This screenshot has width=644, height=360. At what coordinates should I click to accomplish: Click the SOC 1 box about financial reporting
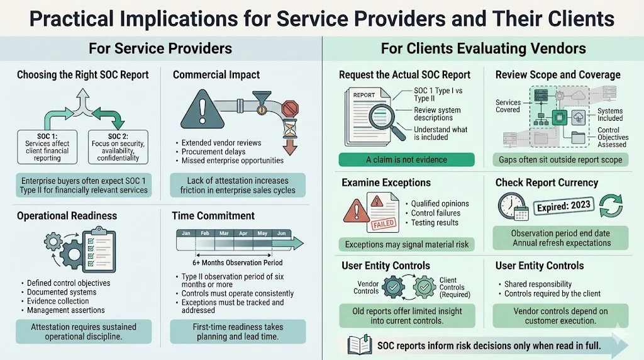click(x=47, y=147)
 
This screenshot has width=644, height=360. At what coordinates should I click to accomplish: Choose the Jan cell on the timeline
click(x=186, y=233)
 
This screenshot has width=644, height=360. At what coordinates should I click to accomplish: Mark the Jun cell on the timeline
click(x=281, y=233)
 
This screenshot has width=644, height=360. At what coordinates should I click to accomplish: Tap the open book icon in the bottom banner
click(x=359, y=345)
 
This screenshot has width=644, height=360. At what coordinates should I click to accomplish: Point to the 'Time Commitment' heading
click(x=213, y=216)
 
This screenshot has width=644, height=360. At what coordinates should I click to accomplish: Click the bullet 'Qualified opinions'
click(x=440, y=204)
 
